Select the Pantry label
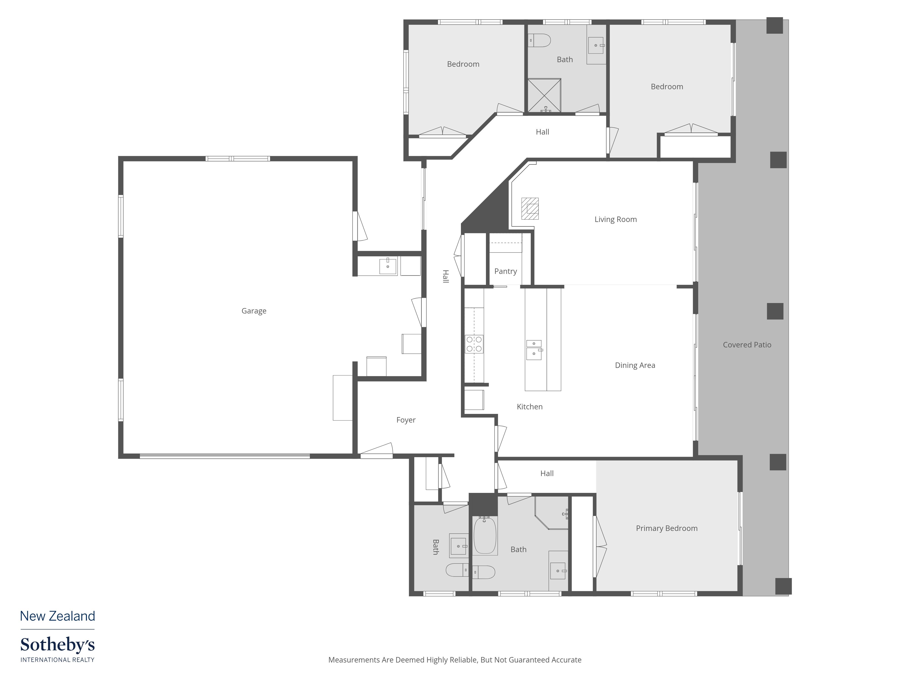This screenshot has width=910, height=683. [x=505, y=271]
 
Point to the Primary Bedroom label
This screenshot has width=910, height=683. [x=666, y=528]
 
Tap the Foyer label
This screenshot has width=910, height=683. [x=406, y=420]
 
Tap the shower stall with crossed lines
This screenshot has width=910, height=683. [x=544, y=95]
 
